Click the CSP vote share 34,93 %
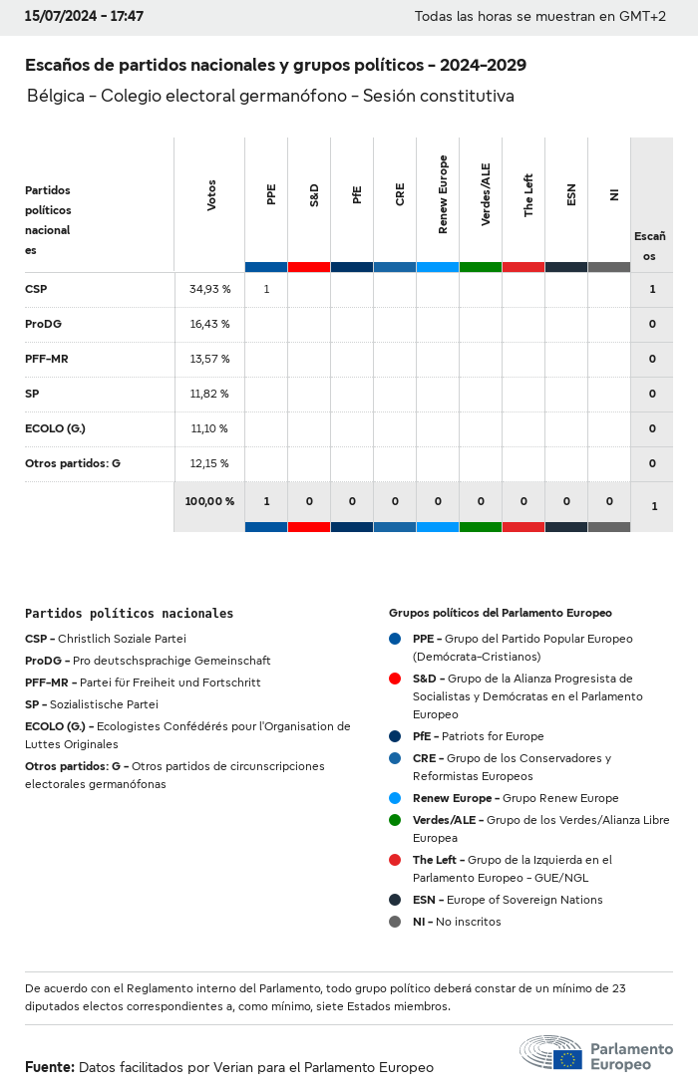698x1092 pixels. (x=209, y=290)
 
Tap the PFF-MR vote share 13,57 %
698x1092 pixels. (x=209, y=359)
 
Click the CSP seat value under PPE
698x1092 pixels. (x=266, y=290)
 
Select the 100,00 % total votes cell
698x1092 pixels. (x=209, y=501)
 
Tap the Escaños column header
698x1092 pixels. (x=650, y=246)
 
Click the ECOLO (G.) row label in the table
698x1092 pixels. (x=55, y=428)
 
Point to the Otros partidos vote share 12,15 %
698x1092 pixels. (x=209, y=463)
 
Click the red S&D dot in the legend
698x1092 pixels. (x=395, y=679)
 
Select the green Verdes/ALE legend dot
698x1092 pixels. (x=395, y=820)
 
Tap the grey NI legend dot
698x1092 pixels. (x=395, y=922)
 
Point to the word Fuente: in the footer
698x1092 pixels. (x=50, y=1067)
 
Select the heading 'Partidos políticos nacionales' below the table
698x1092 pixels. (x=129, y=614)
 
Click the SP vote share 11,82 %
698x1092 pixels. (x=209, y=394)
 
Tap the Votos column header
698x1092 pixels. (x=211, y=195)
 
